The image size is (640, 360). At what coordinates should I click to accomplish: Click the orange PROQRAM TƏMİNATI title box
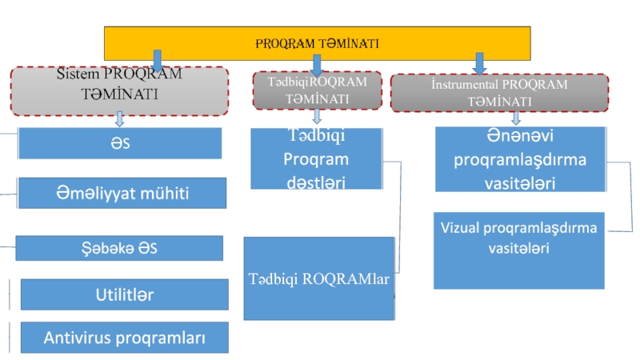317,42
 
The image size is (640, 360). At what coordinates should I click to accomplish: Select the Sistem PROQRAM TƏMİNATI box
119,90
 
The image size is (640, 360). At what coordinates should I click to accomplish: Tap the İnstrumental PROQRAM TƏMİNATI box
499,93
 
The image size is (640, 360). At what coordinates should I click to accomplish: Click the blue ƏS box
120,143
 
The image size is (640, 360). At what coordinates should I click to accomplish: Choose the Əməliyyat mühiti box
122,193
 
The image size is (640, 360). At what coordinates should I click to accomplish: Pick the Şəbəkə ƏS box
119,248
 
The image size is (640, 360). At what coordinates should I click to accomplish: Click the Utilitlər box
125,294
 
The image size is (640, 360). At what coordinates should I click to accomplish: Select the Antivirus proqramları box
125,338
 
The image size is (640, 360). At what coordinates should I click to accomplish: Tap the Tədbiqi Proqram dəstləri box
316,159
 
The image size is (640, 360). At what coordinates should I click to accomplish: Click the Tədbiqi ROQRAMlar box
318,278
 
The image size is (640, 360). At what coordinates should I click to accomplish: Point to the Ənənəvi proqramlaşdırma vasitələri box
520,159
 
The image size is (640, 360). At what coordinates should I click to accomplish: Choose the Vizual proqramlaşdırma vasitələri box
519,250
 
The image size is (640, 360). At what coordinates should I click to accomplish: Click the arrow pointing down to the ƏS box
119,119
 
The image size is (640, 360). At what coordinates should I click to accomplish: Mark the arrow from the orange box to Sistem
157,61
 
